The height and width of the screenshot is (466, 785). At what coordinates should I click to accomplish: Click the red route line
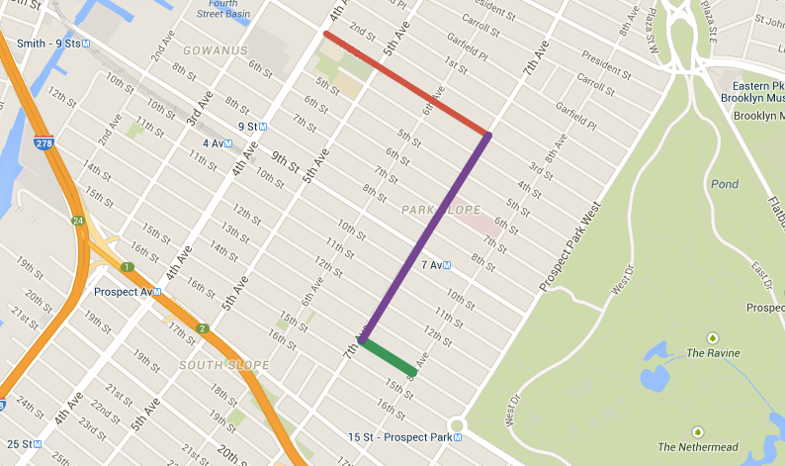coord(406,83)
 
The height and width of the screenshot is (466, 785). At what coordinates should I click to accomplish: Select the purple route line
coord(426,237)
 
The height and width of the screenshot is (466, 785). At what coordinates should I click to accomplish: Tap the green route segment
coord(388,357)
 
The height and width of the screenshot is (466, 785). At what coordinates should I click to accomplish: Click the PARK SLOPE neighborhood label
coord(441,210)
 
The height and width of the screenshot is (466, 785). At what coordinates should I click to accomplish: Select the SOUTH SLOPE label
coord(224,366)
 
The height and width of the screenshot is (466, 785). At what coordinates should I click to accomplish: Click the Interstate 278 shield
coord(43,143)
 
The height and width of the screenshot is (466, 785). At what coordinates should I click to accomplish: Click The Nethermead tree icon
coord(698,431)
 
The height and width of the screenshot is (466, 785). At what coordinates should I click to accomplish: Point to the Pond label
coord(724,185)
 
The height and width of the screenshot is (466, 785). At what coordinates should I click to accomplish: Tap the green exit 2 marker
coord(203,328)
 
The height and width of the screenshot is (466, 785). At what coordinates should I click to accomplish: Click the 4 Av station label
coord(210,143)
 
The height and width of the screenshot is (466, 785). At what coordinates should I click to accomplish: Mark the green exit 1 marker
coord(127,267)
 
